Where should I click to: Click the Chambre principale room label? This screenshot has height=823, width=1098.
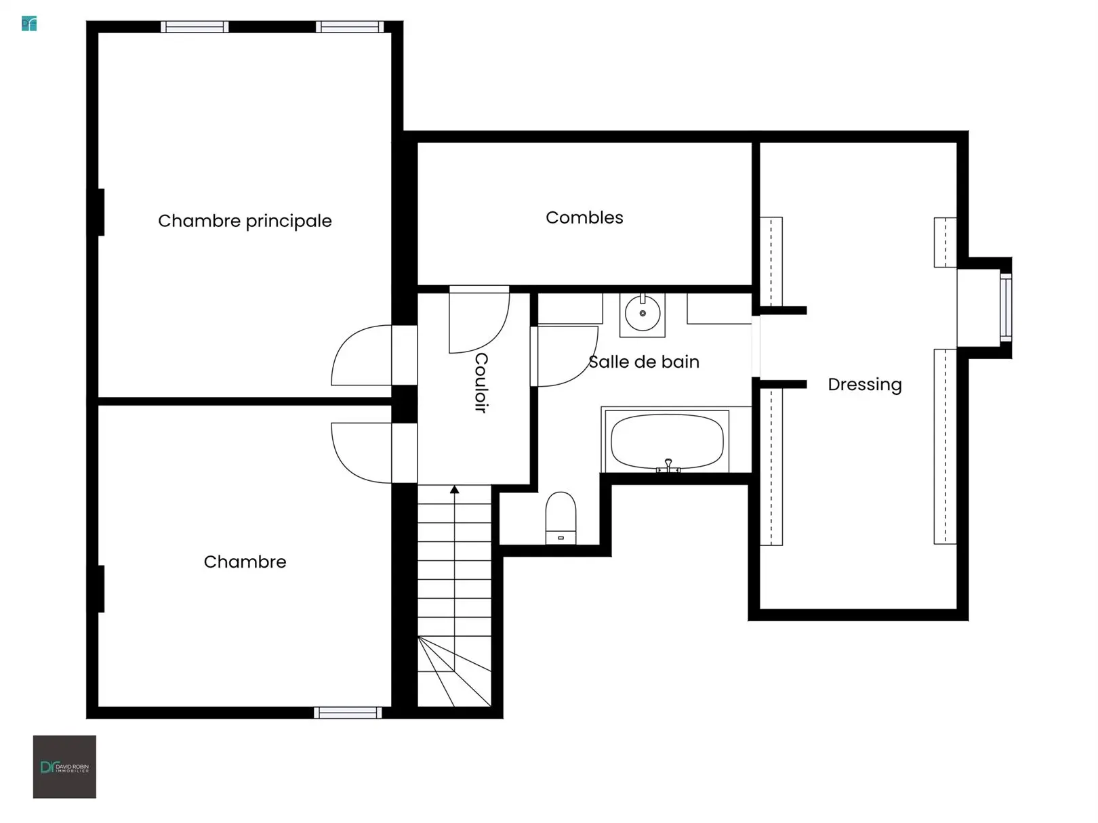coord(245,221)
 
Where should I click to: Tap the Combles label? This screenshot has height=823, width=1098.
coord(584,217)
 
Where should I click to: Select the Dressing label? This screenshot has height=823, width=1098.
coord(864,385)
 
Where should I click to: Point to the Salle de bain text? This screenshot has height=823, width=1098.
coord(644,362)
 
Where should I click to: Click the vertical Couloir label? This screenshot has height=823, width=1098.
coord(481,383)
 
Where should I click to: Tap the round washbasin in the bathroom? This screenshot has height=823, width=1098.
coord(643,314)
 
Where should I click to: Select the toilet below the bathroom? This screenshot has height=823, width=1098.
coord(561,518)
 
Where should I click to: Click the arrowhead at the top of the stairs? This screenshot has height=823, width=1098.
coord(454,490)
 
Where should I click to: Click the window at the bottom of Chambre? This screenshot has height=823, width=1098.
coord(348,713)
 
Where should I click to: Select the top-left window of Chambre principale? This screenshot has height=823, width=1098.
coord(195,27)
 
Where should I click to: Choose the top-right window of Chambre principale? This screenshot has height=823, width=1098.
coord(350,27)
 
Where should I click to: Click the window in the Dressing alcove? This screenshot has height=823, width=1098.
coord(1005,308)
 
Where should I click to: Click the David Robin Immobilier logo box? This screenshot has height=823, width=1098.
coord(64,767)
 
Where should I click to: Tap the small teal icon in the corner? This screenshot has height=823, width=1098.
coord(29,24)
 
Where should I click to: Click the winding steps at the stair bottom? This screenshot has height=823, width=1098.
coord(454,671)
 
